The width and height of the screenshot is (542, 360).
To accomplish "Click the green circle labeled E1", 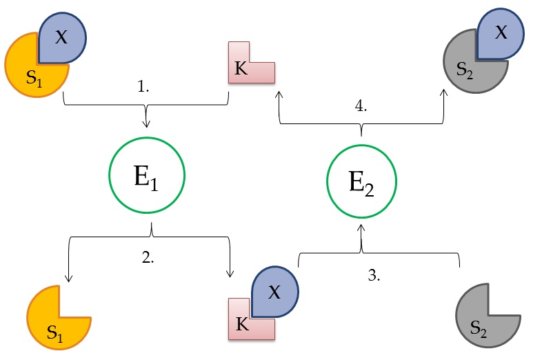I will click(x=146, y=177).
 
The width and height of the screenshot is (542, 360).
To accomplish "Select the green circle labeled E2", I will click(x=361, y=181).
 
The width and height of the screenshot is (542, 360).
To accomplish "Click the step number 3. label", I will click(x=374, y=275).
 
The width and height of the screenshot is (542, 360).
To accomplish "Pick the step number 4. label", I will click(x=360, y=107).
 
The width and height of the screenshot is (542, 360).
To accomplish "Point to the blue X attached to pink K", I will click(x=274, y=292).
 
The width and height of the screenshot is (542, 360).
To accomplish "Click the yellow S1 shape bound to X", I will click(x=31, y=69).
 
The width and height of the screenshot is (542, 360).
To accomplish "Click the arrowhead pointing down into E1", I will click(x=146, y=124).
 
